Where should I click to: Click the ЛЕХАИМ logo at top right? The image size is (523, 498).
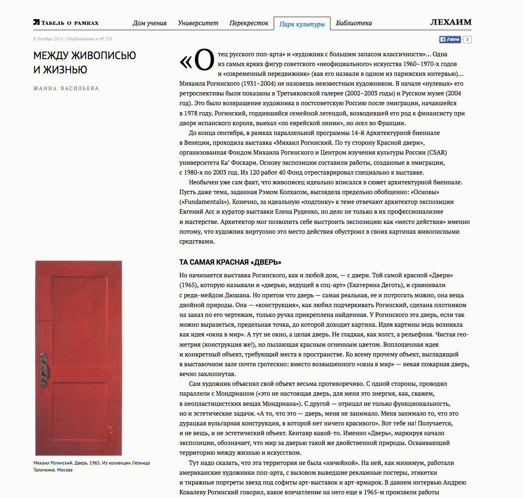450,22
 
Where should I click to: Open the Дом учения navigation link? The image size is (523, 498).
149,23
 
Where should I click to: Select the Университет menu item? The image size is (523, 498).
198,23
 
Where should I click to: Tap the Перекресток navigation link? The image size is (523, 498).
248,23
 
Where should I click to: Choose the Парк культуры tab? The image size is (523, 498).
302,24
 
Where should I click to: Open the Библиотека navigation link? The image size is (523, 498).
354,23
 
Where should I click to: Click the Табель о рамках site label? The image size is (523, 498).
69,23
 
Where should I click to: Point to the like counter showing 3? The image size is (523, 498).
467,40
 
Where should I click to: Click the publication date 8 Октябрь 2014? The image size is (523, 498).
48,39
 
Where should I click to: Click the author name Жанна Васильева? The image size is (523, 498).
66,89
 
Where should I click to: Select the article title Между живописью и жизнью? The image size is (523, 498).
84,62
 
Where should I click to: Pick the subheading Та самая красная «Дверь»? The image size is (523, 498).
230,262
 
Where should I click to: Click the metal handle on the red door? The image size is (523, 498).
43,370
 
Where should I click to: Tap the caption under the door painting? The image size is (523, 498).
91,466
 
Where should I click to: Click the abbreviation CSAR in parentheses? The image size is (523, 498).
437,153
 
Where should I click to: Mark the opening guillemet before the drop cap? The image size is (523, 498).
186,62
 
